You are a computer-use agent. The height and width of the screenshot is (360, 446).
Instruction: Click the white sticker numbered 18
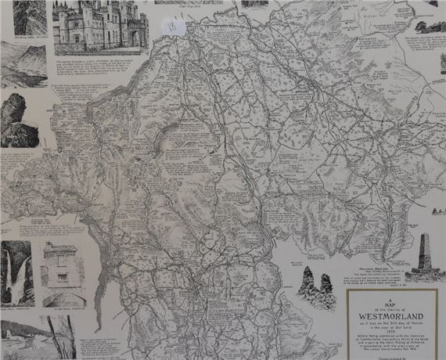[174, 27]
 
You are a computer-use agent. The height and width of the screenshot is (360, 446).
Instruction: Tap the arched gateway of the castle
[134, 38]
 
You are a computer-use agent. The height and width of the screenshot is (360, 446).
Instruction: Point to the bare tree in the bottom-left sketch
[66, 337]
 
